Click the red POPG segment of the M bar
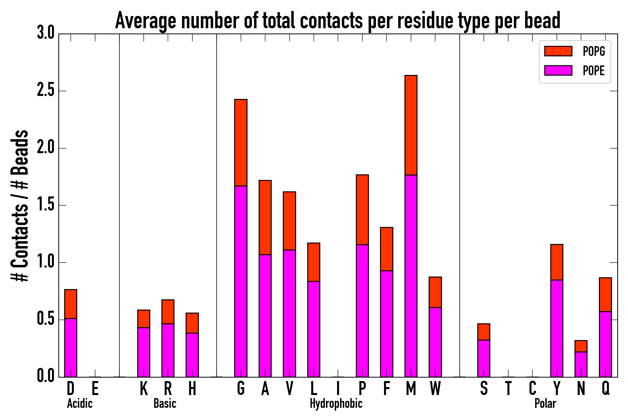pyautogui.click(x=411, y=125)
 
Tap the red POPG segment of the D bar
pyautogui.click(x=71, y=304)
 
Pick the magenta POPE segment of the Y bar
pyautogui.click(x=557, y=328)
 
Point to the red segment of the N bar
pyautogui.click(x=581, y=346)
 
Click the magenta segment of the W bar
pyautogui.click(x=435, y=342)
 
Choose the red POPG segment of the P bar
pyautogui.click(x=362, y=209)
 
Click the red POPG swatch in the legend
pyautogui.click(x=558, y=51)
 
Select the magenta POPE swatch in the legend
pyautogui.click(x=558, y=70)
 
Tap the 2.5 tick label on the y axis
pyautogui.click(x=46, y=91)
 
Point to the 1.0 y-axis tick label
pyautogui.click(x=46, y=262)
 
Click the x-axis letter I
pyautogui.click(x=338, y=388)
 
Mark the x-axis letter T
pyautogui.click(x=508, y=388)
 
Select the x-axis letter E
pyautogui.click(x=95, y=388)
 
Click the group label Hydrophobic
pyautogui.click(x=336, y=403)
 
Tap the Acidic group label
pyautogui.click(x=80, y=403)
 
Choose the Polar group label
pyautogui.click(x=545, y=403)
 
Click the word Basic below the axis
pyautogui.click(x=165, y=403)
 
